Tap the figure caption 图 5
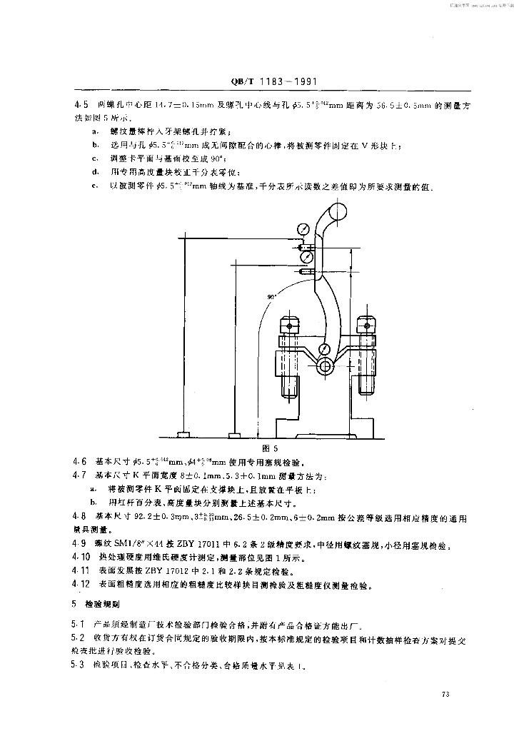click(x=270, y=447)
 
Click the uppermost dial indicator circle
click(x=304, y=229)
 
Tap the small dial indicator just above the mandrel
click(x=325, y=349)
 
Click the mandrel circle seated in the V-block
click(x=325, y=365)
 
